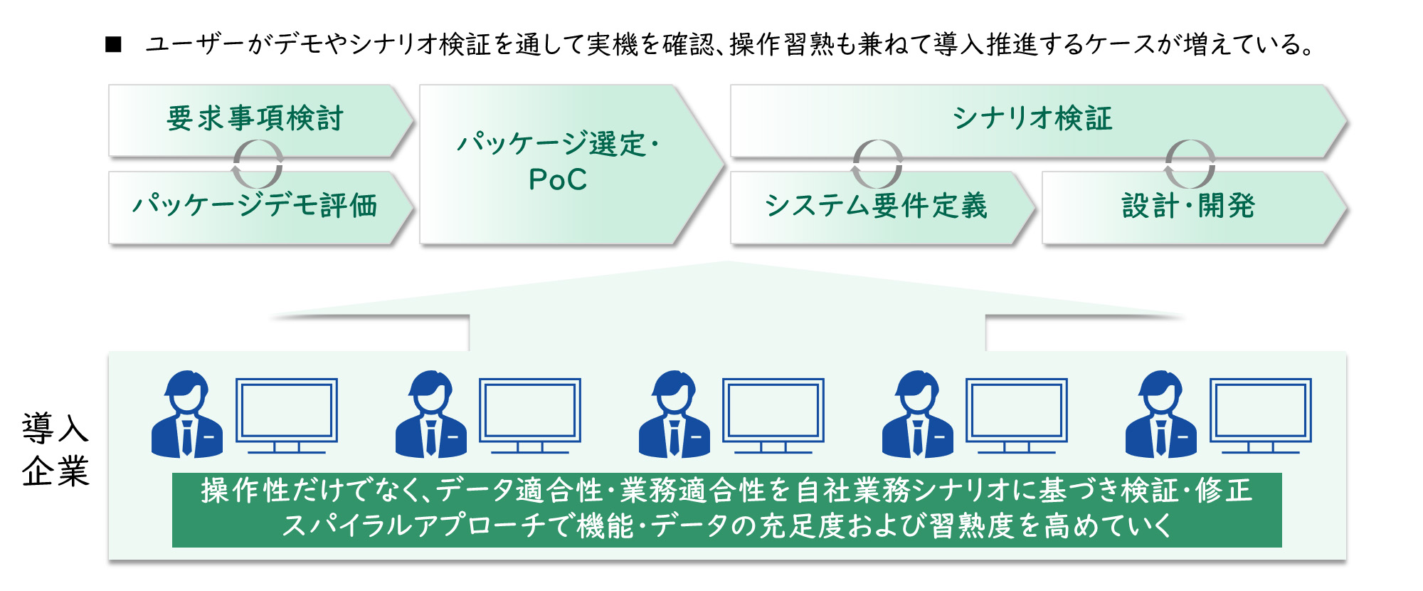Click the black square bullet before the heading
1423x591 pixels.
[x=113, y=45]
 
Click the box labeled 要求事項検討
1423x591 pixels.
[x=255, y=118]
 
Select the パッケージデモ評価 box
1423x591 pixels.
[x=255, y=206]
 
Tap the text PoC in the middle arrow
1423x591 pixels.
[x=558, y=179]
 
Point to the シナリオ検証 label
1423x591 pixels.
[x=1032, y=118]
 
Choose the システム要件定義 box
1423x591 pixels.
[x=876, y=206]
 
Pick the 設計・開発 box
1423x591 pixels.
[x=1188, y=206]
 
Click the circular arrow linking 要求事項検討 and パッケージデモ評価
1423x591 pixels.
[x=258, y=164]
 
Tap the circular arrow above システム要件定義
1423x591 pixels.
[x=877, y=164]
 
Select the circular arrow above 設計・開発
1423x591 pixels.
[x=1190, y=164]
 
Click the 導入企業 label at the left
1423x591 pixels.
[x=55, y=449]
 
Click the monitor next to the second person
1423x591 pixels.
[x=530, y=415]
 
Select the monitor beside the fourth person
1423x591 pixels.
[x=1017, y=415]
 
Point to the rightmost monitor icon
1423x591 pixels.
[x=1261, y=415]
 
